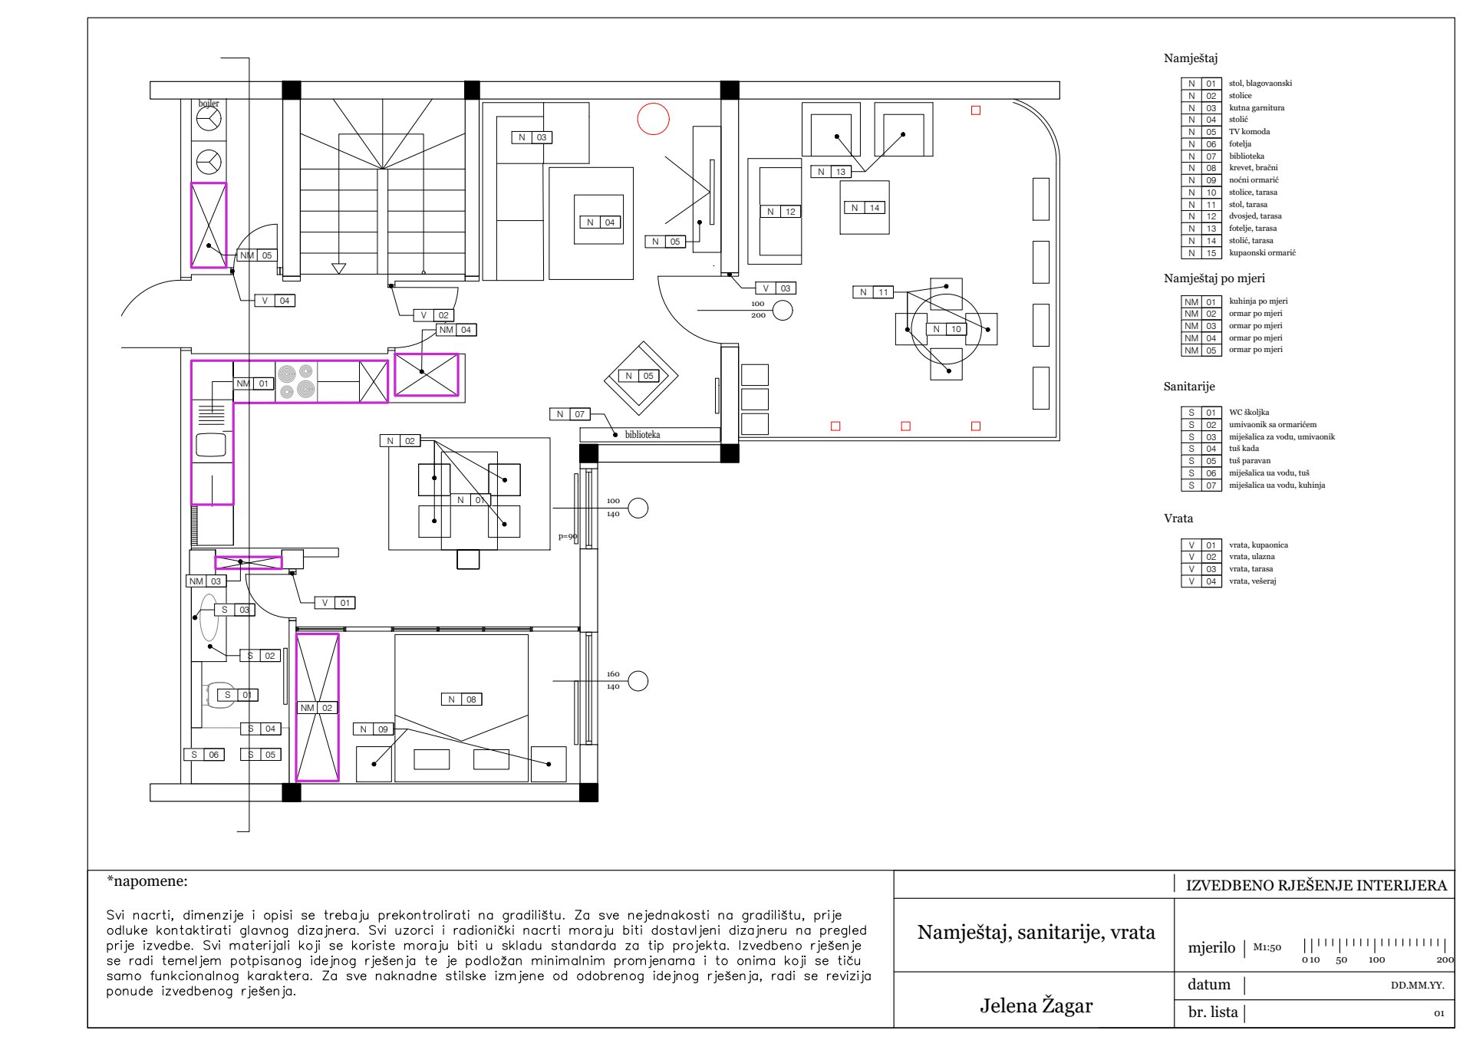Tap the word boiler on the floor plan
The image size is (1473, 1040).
(x=209, y=104)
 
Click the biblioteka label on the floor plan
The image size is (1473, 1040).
(x=642, y=435)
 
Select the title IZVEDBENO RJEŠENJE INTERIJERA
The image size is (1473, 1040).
(x=1316, y=886)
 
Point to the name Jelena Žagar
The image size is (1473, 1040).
(x=1036, y=1005)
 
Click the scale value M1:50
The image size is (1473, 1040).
(x=1267, y=947)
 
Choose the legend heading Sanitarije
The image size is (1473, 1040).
(x=1189, y=387)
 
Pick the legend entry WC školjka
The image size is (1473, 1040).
(x=1249, y=412)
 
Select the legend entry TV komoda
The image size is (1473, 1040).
(x=1249, y=132)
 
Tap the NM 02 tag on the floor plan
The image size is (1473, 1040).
(x=317, y=708)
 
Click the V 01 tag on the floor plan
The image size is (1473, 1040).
(x=335, y=603)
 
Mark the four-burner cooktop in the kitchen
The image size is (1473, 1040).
(x=296, y=381)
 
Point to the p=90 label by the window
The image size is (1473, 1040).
(x=568, y=537)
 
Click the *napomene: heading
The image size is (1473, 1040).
(x=147, y=881)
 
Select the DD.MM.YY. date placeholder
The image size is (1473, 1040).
(x=1418, y=986)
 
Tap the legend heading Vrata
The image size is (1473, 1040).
(x=1178, y=518)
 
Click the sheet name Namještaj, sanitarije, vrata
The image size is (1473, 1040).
(x=1036, y=933)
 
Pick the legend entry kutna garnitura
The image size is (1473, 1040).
(x=1257, y=108)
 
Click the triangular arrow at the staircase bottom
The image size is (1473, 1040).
(x=338, y=268)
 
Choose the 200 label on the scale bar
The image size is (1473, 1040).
(x=1445, y=959)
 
